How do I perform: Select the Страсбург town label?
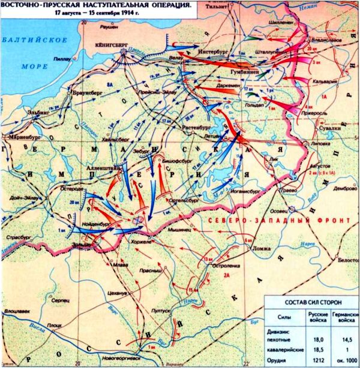coord(21,239)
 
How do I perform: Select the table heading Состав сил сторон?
coord(311,302)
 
